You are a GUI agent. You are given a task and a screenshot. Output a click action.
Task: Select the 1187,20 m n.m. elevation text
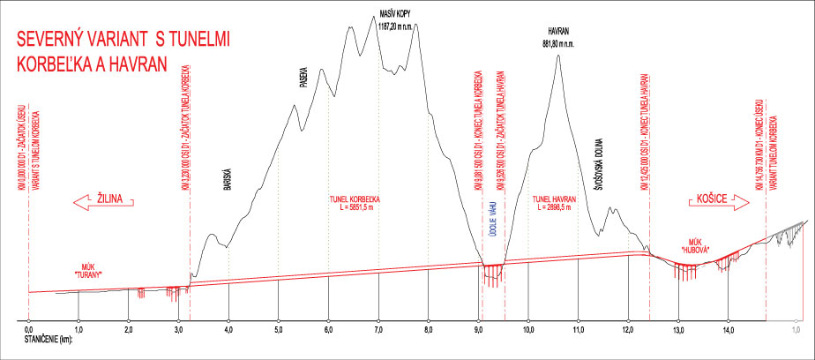(x=395, y=26)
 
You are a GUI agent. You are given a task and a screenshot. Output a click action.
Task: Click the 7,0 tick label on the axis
(x=378, y=329)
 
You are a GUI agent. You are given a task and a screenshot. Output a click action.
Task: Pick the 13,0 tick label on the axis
(x=678, y=329)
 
